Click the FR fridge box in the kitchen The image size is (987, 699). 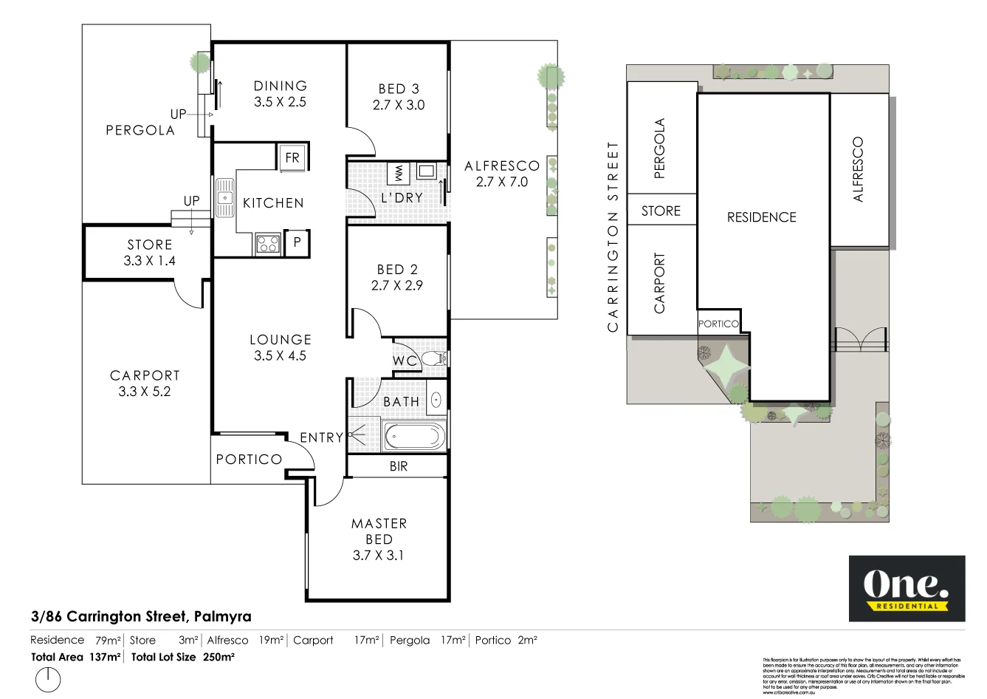(292, 158)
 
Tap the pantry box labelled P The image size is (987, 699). (297, 242)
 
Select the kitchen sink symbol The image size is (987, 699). (224, 197)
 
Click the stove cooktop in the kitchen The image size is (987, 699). (267, 243)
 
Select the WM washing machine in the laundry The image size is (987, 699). (399, 174)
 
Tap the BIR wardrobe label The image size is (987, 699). (398, 466)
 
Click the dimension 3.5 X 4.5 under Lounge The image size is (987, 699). (280, 355)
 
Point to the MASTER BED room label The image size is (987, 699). (379, 531)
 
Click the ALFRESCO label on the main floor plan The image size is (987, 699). (502, 166)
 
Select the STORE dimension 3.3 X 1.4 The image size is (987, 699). (149, 261)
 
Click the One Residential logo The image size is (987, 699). (907, 588)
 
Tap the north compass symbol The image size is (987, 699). (48, 679)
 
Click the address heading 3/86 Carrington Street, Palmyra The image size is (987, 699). (141, 616)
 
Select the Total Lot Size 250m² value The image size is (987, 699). (219, 656)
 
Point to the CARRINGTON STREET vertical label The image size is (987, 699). (611, 236)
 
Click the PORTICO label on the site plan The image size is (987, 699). (718, 324)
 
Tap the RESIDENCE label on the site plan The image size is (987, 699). (761, 217)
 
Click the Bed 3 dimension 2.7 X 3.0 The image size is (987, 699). (398, 105)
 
